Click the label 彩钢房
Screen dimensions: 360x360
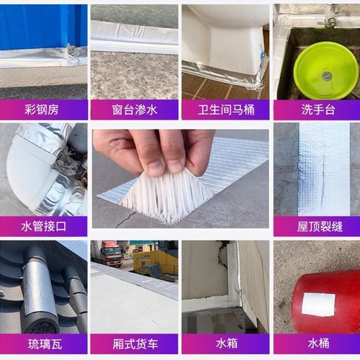coord(43,110)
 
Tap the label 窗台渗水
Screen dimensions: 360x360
coord(135,110)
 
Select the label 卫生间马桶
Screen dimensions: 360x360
coord(225,110)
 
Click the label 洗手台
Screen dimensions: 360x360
coord(317,110)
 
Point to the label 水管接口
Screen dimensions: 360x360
coord(43,227)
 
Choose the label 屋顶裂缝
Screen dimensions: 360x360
coord(317,227)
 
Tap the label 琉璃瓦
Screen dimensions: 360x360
coord(43,343)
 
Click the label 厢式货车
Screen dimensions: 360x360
coord(135,343)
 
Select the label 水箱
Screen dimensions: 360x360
coord(225,343)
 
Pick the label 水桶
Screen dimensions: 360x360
coord(317,343)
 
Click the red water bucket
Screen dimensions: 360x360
coord(320,302)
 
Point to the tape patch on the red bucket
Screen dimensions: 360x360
coord(318,304)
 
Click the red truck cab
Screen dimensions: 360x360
coord(112,253)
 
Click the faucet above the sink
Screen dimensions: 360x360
coord(330,16)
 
